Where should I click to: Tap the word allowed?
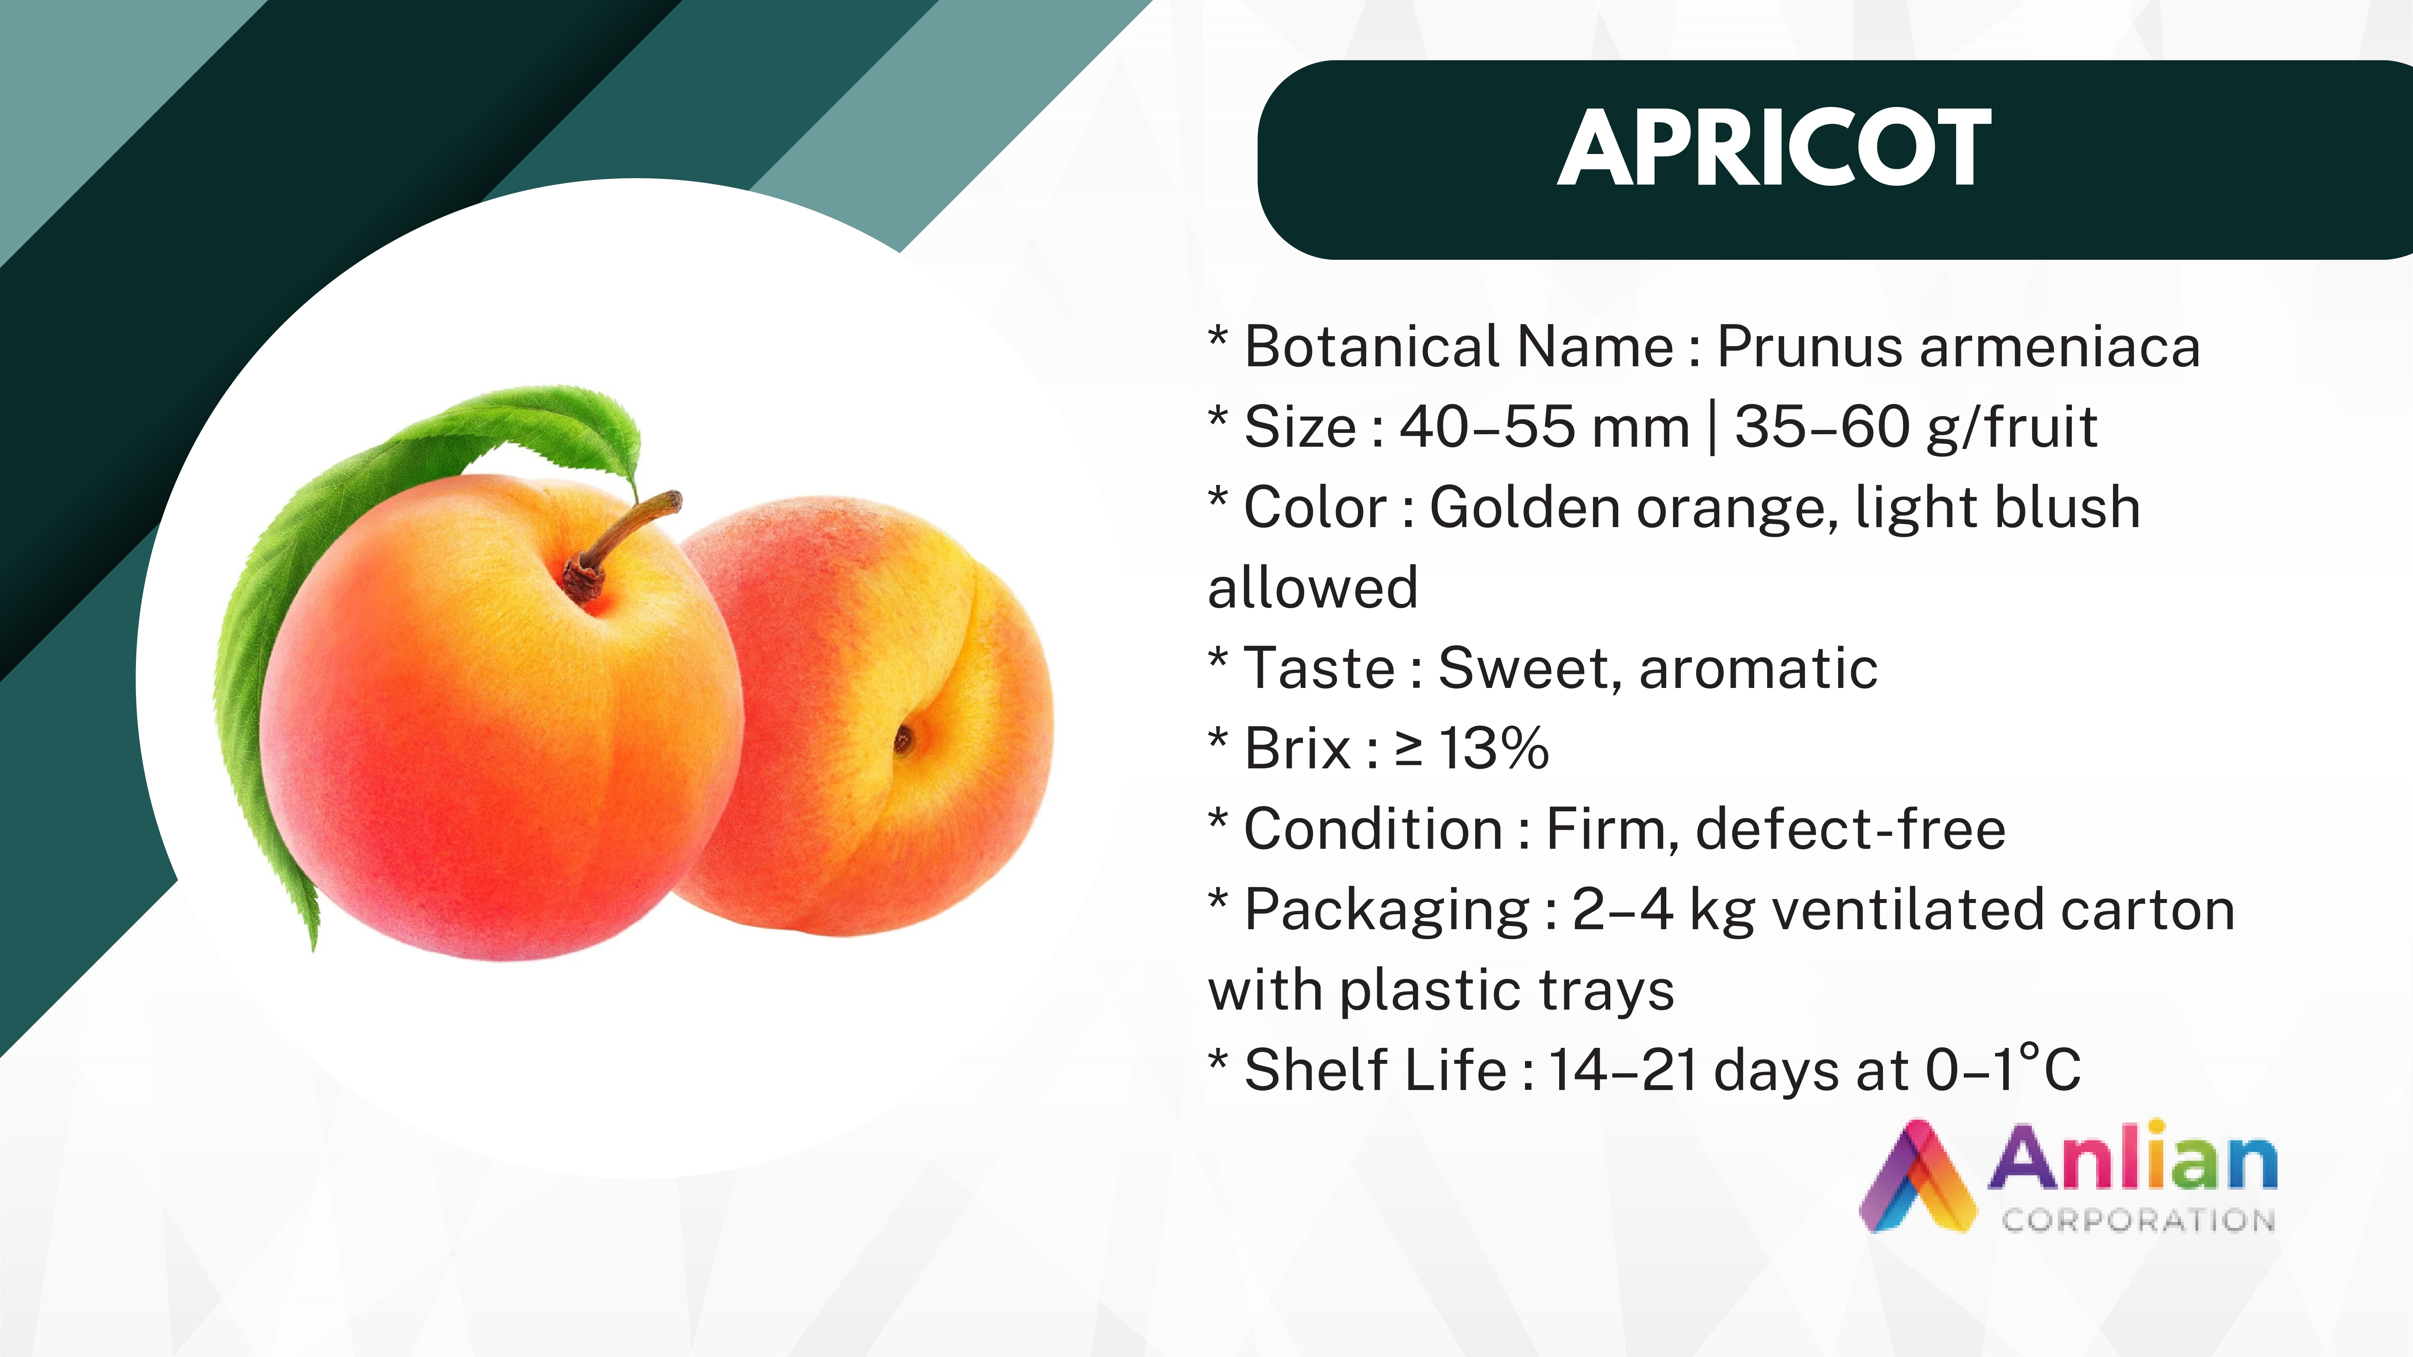1312,588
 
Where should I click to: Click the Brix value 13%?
1494,749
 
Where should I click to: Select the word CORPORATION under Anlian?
2139,1220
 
